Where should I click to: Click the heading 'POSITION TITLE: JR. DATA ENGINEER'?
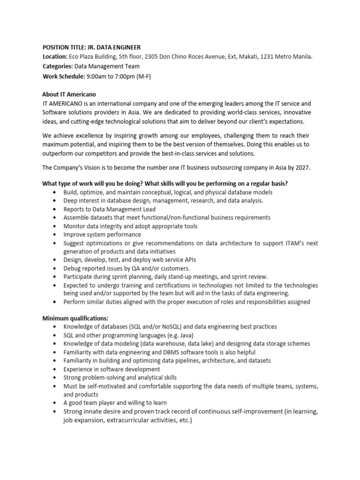click(91, 47)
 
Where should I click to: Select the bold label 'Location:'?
click(56, 57)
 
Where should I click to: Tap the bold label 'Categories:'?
click(58, 66)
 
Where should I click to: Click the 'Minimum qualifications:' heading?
click(75, 318)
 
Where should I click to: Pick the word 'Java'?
click(183, 335)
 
